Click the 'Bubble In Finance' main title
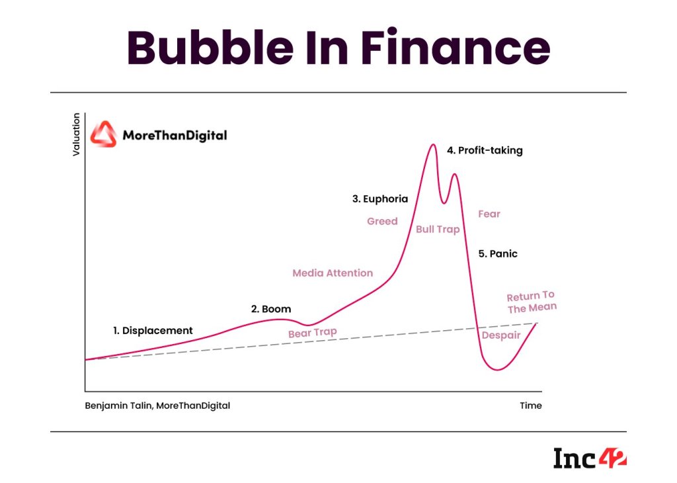tap(338, 48)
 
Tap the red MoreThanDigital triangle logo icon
tap(103, 134)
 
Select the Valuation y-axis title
tap(76, 134)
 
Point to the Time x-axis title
tap(530, 406)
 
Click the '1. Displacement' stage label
tap(153, 330)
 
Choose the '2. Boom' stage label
tap(270, 309)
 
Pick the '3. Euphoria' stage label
tap(380, 198)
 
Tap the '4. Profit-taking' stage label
tap(485, 150)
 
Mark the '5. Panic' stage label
tap(498, 253)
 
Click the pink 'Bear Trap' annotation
tap(313, 332)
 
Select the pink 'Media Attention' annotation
tap(333, 273)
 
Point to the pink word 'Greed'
tap(382, 221)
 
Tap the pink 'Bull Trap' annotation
tap(438, 230)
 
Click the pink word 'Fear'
tap(489, 214)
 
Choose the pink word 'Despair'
tap(501, 335)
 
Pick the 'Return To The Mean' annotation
tap(532, 302)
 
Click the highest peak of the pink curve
tap(433, 144)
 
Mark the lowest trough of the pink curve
tap(498, 370)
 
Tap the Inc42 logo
tap(589, 458)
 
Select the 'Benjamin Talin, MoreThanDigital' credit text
tap(157, 406)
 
